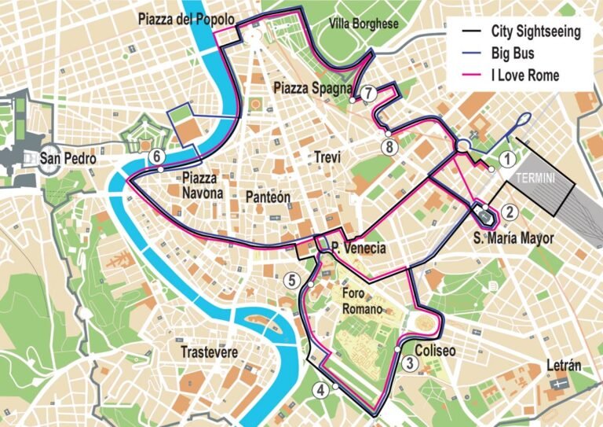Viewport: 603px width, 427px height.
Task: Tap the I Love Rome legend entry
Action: coord(524,75)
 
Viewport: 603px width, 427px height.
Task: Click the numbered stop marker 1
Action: coord(508,160)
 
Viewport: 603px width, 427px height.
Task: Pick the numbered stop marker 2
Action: coord(510,211)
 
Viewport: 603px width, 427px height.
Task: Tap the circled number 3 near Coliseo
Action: coord(411,363)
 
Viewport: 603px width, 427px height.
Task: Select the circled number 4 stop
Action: coord(320,388)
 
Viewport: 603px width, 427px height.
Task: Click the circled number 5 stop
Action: coord(292,279)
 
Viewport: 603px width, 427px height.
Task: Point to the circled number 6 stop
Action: coord(157,156)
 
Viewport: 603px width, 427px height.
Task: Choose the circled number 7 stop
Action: coord(369,92)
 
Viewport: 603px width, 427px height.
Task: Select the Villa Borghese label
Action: coord(364,24)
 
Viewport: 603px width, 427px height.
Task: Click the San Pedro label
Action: coord(68,159)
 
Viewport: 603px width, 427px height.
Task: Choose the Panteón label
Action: coord(268,196)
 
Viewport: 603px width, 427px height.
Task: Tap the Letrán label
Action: coord(563,366)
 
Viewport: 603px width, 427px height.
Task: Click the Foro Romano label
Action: coord(362,301)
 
